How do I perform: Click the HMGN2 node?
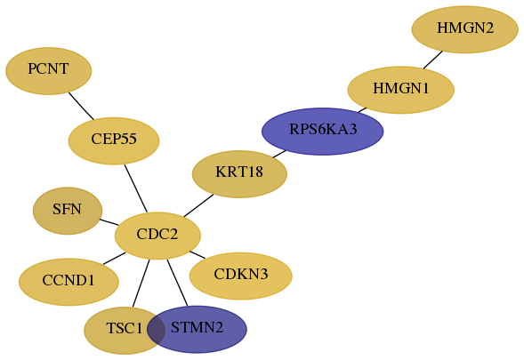(465, 29)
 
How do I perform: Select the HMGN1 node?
(400, 90)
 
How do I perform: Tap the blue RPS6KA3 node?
(322, 132)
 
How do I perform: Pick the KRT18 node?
(239, 174)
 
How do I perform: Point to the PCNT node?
(48, 71)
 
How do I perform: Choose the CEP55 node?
(114, 141)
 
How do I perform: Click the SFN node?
(68, 211)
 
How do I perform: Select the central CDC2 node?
(157, 236)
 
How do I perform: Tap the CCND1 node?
(69, 282)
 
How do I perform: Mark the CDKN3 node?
(240, 276)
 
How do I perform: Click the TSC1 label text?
(125, 328)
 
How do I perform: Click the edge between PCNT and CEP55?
(81, 106)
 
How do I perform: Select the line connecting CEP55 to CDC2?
(136, 188)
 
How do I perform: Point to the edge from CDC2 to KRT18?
(198, 205)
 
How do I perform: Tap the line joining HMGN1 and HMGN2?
(433, 60)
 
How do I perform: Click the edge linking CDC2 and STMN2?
(177, 283)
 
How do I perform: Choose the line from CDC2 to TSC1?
(141, 284)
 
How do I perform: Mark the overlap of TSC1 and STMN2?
(156, 329)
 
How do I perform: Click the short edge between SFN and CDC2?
(109, 222)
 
